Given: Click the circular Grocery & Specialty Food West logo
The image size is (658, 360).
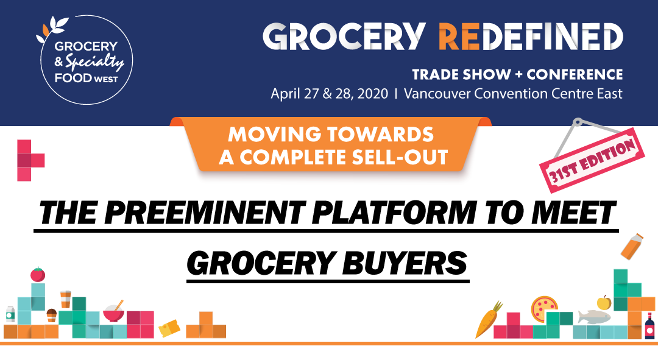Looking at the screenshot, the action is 86,60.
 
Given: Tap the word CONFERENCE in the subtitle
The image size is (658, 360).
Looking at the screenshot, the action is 575,75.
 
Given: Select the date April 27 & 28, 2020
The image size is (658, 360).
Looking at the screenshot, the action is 330,94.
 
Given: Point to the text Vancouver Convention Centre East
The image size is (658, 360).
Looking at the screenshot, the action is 513,94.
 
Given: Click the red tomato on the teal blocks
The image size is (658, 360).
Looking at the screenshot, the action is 38,274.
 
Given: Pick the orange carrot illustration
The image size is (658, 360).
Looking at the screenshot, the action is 489,319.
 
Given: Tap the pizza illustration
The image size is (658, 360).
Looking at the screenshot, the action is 544,308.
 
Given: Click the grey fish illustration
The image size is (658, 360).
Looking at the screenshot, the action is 594,316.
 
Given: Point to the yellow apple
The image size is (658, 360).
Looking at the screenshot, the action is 604,302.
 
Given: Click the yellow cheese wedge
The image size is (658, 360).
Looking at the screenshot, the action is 169,328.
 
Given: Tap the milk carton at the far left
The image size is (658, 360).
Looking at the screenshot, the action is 10,314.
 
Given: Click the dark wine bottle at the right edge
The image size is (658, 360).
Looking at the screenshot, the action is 649,326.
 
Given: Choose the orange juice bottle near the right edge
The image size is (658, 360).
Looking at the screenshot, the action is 632,246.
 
